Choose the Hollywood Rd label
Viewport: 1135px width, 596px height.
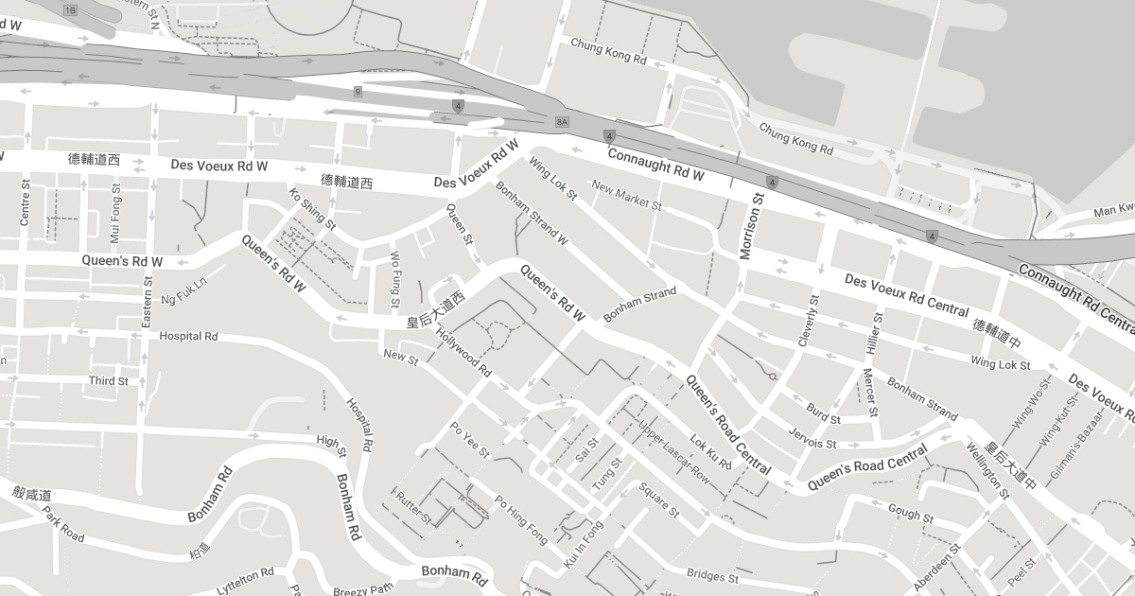(464, 347)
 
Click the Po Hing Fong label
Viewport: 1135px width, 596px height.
(521, 521)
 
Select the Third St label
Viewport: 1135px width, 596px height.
(108, 381)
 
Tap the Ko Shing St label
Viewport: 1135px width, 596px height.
(312, 209)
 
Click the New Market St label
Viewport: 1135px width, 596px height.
(626, 196)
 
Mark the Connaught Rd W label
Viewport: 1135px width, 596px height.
(655, 164)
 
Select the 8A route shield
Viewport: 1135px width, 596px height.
(562, 122)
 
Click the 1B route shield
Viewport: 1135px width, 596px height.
(70, 9)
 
